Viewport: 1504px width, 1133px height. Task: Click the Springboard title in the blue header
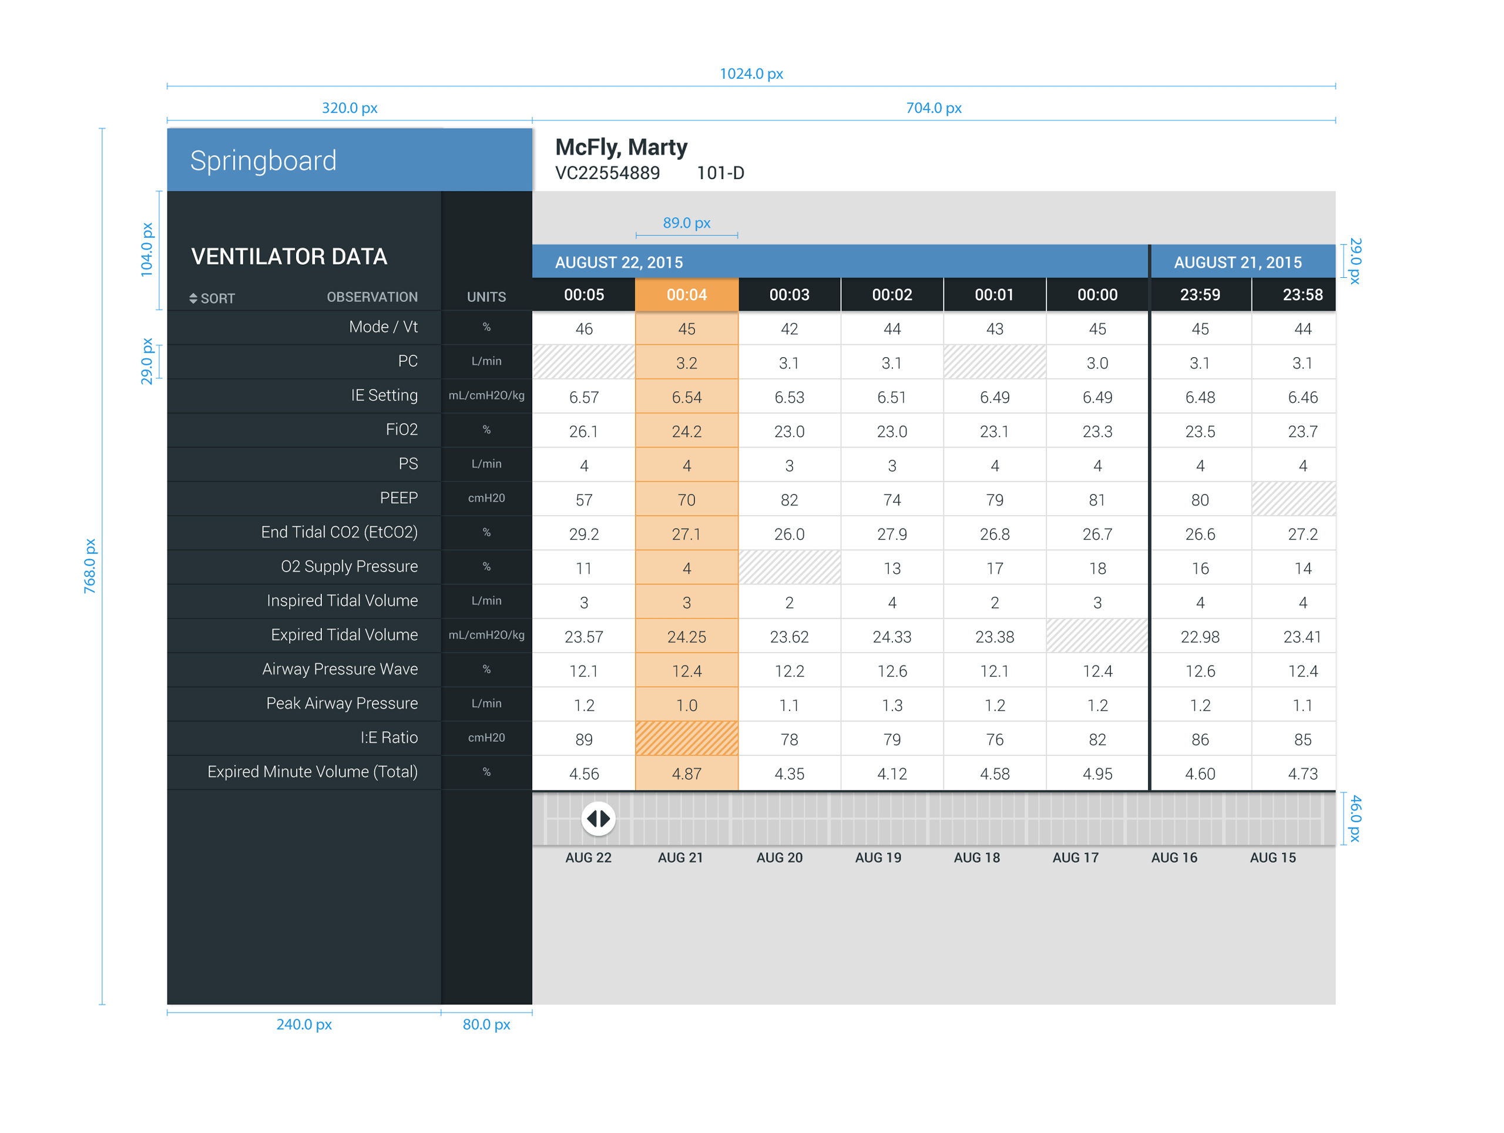(x=263, y=161)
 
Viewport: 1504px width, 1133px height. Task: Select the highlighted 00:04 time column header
(x=686, y=295)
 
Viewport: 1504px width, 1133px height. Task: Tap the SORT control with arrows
(x=211, y=298)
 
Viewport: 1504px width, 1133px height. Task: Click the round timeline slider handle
(x=598, y=819)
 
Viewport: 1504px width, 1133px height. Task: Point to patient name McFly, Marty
(x=621, y=147)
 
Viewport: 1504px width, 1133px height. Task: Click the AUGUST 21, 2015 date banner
(x=1237, y=263)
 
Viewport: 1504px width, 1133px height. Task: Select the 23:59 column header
(x=1200, y=295)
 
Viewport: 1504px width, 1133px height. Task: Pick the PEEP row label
(x=398, y=498)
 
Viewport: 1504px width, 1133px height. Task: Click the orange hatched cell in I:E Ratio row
(x=686, y=739)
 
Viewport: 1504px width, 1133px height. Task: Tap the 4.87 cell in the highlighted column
(x=686, y=774)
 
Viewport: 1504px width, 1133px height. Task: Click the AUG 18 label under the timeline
(x=976, y=858)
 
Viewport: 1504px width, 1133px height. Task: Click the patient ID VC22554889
(x=607, y=173)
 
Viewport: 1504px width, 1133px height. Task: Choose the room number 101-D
(x=720, y=173)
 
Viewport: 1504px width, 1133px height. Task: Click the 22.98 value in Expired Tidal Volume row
(x=1200, y=637)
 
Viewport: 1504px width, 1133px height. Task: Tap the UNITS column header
(x=486, y=297)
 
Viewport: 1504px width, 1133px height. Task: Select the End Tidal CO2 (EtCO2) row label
(x=340, y=532)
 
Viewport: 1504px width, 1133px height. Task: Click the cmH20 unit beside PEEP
(x=486, y=498)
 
